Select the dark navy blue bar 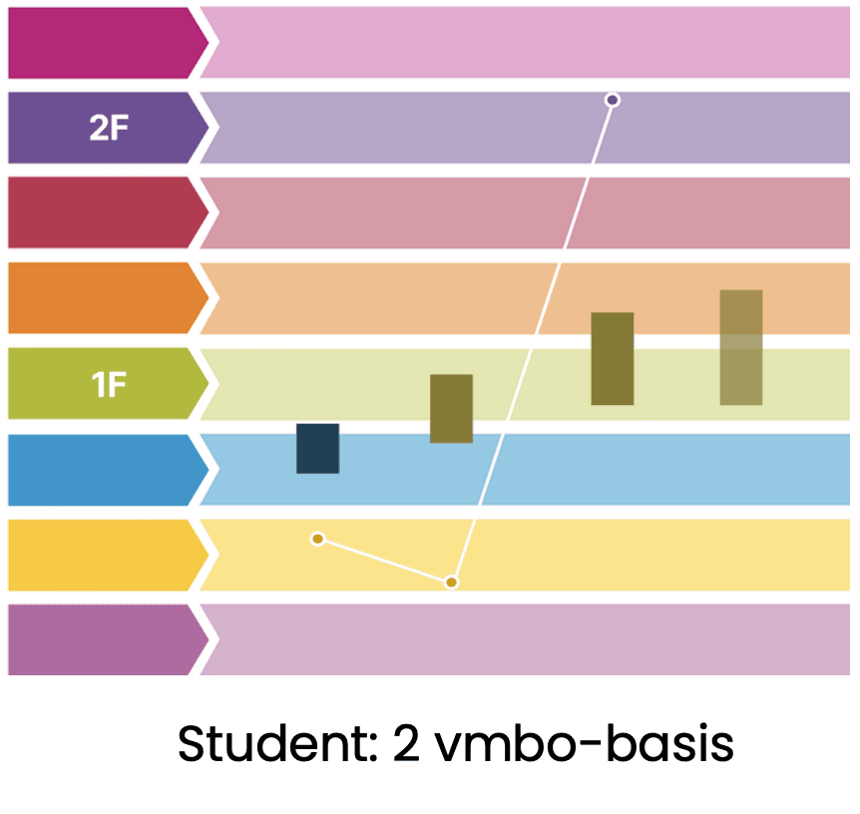pos(317,448)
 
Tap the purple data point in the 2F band pos(613,100)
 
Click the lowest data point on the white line pos(451,582)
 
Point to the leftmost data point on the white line pos(317,539)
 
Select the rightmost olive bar pos(740,347)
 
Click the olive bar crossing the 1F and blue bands pos(451,408)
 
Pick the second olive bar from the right pos(612,358)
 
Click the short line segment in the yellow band pos(384,561)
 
